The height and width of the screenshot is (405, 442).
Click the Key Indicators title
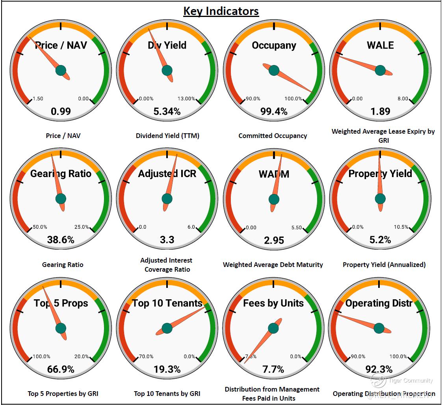[x=221, y=11]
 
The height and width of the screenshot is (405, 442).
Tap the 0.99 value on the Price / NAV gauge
[x=61, y=111]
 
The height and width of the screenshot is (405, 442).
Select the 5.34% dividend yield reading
[x=167, y=111]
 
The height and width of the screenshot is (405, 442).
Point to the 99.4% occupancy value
[x=274, y=111]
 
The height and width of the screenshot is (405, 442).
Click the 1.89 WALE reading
[x=380, y=111]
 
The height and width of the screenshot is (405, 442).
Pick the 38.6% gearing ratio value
[x=61, y=240]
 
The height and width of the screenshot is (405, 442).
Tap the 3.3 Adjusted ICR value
[x=167, y=240]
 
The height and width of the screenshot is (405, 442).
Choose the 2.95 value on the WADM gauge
[x=274, y=240]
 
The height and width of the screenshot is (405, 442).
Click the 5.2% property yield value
[x=380, y=240]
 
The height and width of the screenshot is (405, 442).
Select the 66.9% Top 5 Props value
[x=61, y=369]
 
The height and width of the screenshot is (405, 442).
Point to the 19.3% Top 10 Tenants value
[x=167, y=369]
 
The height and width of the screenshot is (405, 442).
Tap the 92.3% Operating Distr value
[x=379, y=369]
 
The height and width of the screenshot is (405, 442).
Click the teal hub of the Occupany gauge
[x=274, y=71]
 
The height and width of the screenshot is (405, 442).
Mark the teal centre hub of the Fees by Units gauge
[x=273, y=328]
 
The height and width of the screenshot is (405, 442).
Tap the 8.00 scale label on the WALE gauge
[x=403, y=99]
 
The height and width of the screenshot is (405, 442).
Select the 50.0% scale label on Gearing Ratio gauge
[x=40, y=227]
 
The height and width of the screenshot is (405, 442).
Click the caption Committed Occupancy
[x=273, y=136]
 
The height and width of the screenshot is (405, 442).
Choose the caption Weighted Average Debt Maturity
[x=273, y=265]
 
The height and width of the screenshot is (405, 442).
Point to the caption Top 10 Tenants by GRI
[x=167, y=393]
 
